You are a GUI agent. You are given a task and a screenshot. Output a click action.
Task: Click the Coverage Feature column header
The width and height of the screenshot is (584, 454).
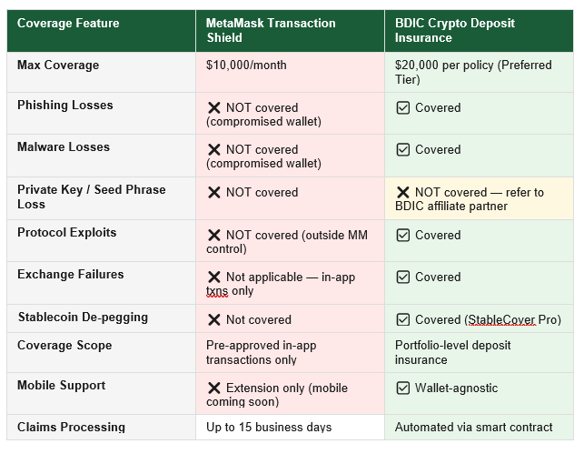68,23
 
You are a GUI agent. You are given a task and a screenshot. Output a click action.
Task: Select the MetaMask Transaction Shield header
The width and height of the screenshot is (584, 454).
271,30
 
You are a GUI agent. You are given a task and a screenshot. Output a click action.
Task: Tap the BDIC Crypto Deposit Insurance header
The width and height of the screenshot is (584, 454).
455,30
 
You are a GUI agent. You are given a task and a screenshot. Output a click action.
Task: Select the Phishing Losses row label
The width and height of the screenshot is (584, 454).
65,105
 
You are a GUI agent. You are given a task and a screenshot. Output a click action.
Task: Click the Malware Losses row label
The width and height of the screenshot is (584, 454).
64,146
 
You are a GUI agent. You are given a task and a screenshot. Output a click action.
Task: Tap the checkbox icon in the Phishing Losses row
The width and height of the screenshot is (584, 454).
403,107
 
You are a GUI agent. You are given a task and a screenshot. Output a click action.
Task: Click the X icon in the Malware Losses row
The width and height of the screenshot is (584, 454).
214,149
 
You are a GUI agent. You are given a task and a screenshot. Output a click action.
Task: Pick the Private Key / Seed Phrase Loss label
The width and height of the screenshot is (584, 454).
91,197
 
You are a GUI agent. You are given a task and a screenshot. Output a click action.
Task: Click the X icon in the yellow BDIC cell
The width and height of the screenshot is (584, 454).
403,193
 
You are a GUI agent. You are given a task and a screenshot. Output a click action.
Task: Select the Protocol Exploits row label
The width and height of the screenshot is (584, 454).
66,232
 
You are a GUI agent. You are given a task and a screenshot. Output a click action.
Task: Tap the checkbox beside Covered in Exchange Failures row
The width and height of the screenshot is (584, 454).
403,277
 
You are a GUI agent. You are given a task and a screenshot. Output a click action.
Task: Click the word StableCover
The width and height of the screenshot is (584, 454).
501,319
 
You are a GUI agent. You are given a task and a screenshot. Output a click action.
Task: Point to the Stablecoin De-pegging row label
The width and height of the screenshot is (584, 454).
83,318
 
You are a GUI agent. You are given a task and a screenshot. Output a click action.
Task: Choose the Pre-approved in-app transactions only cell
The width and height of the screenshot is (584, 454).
261,352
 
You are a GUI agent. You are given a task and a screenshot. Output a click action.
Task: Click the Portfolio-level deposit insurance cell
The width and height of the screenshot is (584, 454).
452,352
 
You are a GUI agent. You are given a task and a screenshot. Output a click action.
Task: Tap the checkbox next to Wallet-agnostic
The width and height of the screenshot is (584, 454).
403,388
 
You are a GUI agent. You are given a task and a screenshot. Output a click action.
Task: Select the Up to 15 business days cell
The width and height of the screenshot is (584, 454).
269,427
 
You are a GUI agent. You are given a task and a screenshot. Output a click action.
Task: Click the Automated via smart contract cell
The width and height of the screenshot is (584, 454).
474,427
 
